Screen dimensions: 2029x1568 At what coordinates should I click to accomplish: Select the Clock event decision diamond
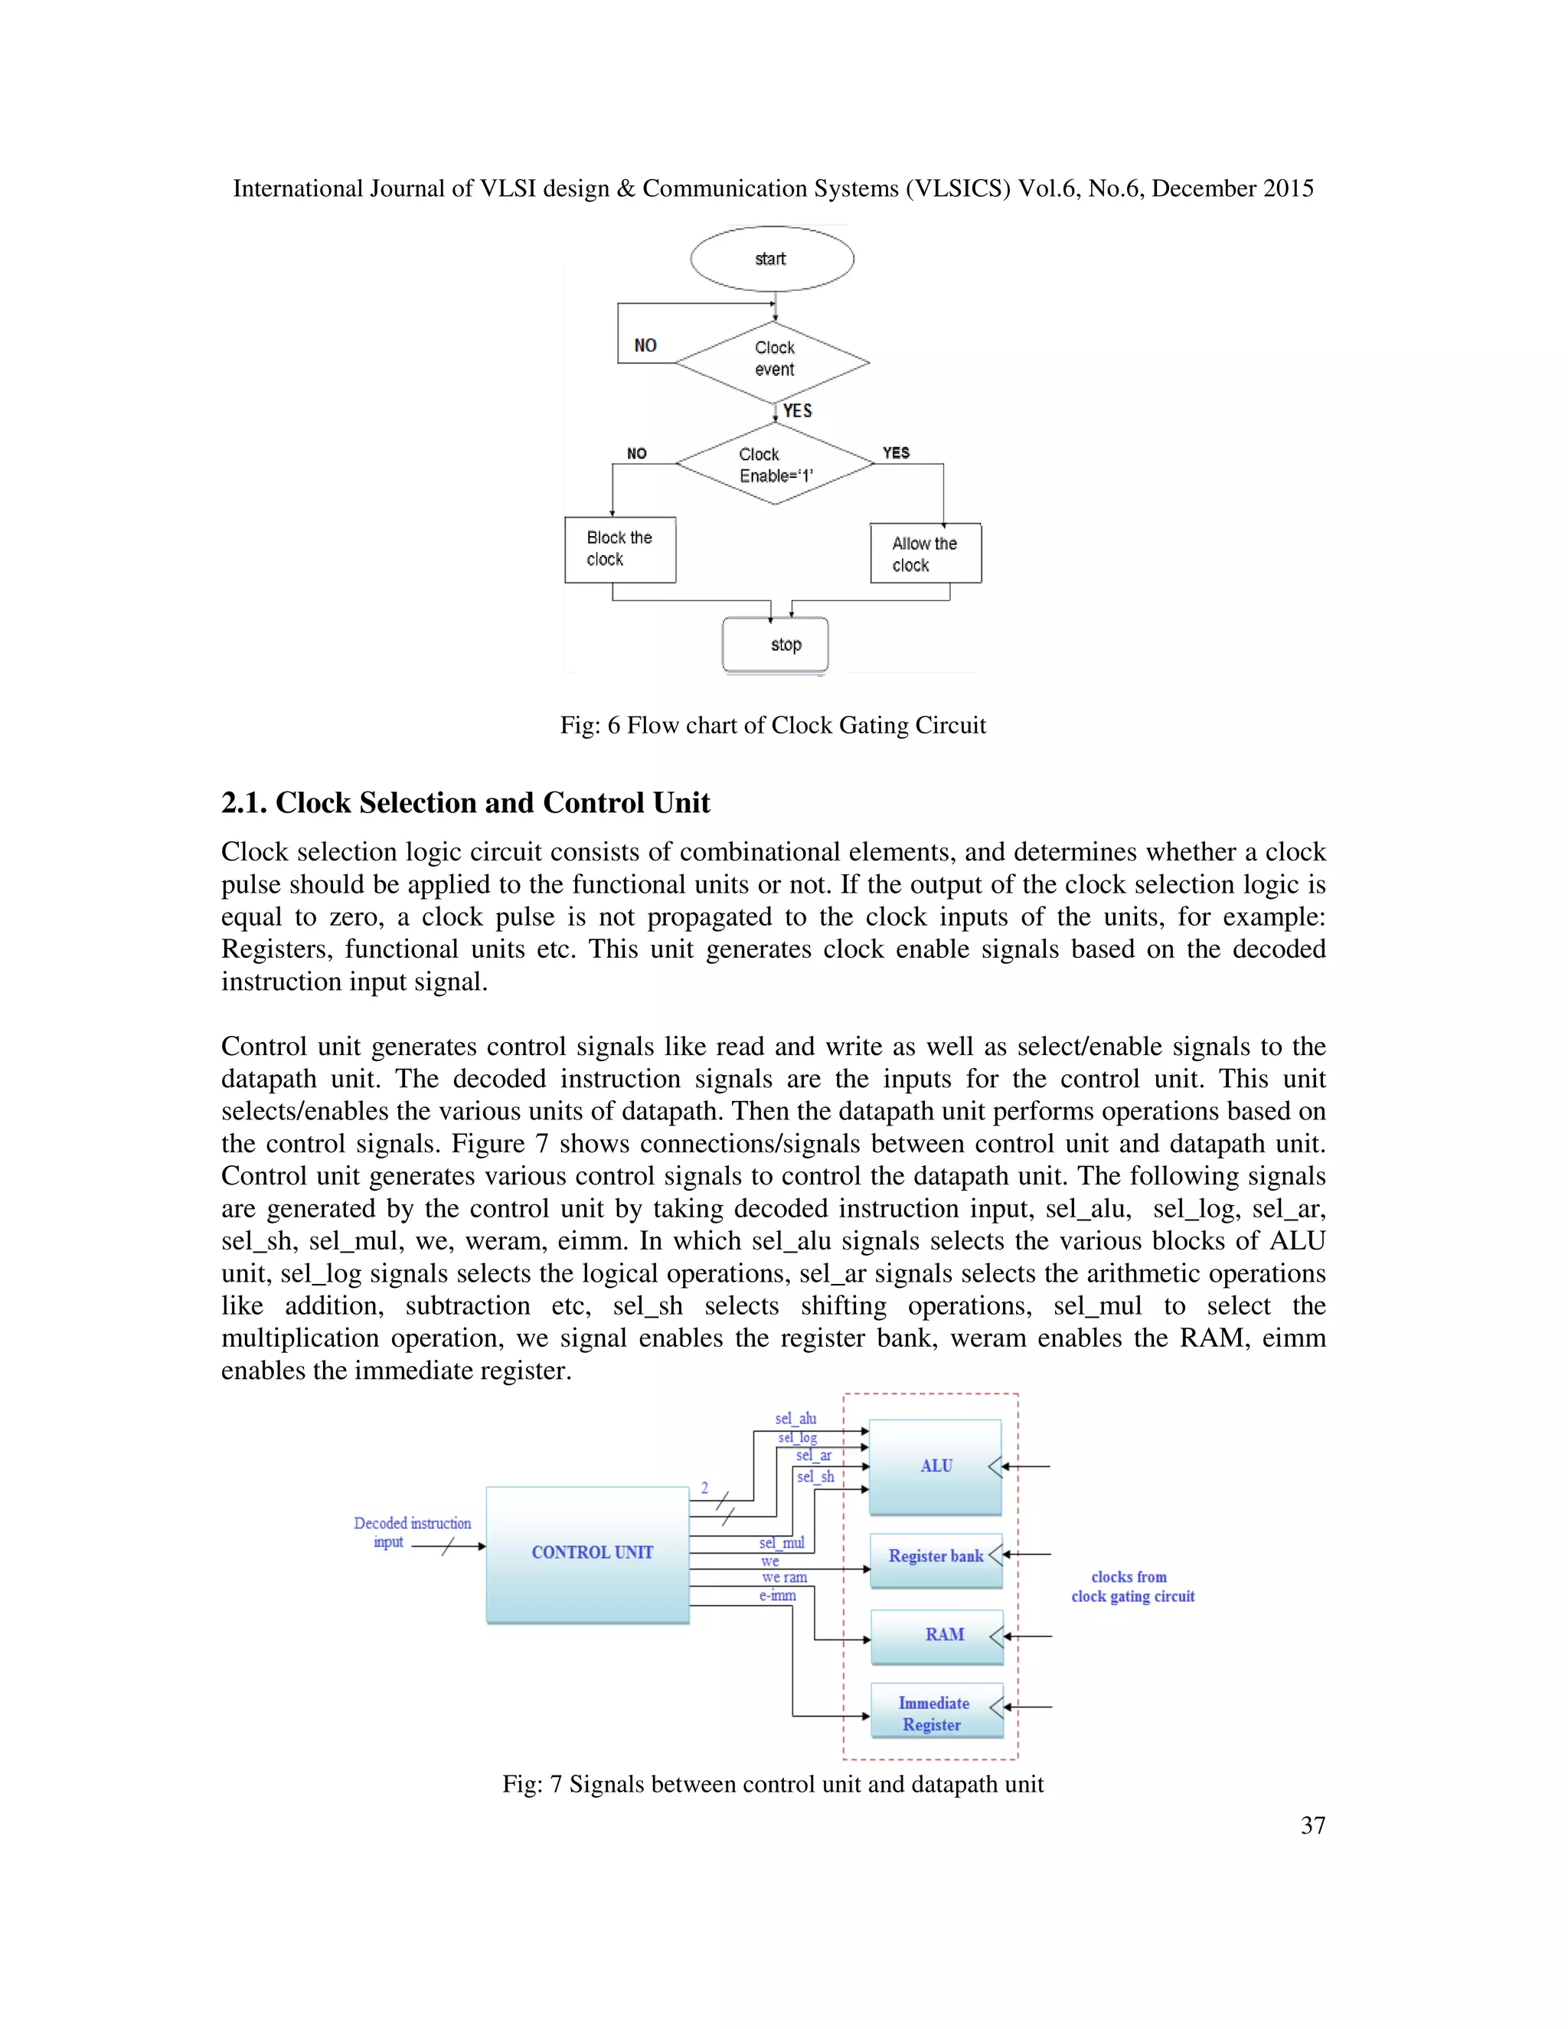coord(773,361)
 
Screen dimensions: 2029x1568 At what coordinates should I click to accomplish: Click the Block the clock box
coord(619,549)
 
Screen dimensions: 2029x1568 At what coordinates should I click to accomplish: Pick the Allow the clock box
coord(925,554)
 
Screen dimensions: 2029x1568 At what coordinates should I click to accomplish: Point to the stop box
coord(776,644)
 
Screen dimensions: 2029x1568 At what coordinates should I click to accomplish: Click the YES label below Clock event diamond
coord(797,410)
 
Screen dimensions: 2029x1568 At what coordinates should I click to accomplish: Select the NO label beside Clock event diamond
coord(645,345)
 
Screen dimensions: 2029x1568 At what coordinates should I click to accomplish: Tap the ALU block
coord(936,1466)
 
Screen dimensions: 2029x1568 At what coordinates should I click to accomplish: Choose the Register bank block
coord(936,1556)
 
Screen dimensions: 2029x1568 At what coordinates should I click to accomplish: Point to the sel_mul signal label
coord(781,1543)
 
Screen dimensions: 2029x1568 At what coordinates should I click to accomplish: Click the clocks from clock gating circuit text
coord(1132,1586)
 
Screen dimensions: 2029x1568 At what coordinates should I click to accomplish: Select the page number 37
coord(1312,1825)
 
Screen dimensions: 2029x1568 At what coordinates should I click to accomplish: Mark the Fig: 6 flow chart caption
coord(772,726)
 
